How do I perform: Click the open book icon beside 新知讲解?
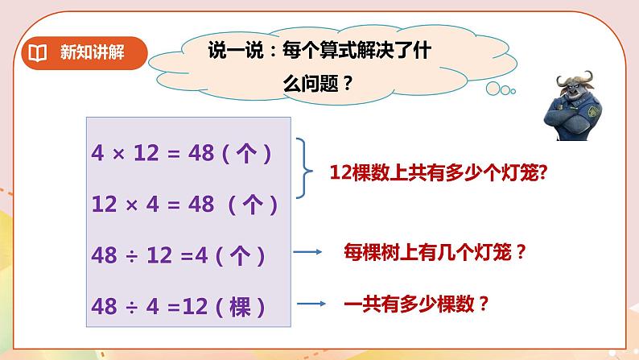(x=38, y=54)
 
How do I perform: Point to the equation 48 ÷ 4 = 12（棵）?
(x=179, y=307)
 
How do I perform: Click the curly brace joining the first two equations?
(x=304, y=168)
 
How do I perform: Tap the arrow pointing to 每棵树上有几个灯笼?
(x=306, y=253)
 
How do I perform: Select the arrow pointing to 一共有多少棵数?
(x=311, y=304)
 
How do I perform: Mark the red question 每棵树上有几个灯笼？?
(x=435, y=253)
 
